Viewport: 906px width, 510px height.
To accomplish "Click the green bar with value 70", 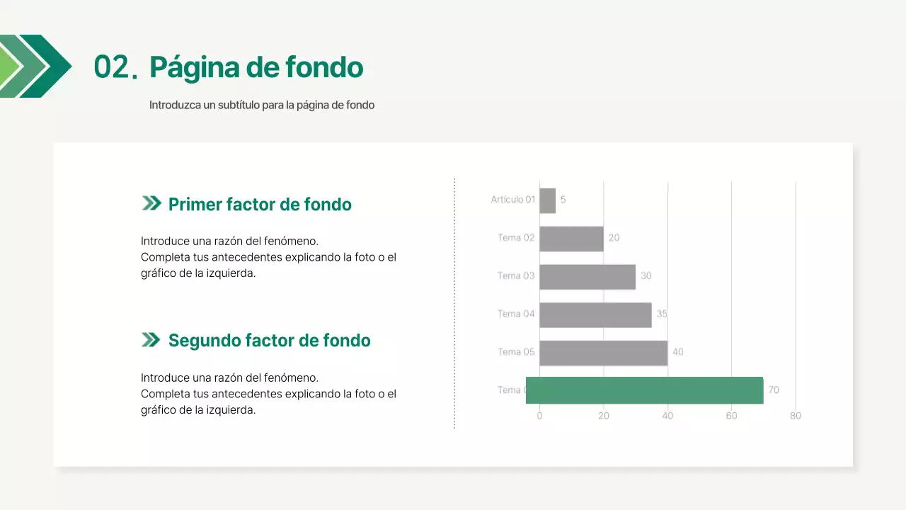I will pos(644,390).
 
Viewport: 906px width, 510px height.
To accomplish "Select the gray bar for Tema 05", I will pos(603,353).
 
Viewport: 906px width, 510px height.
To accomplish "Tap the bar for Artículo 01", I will pos(547,200).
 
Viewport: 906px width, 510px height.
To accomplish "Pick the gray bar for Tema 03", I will pos(587,276).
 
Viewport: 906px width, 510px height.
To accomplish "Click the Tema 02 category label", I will pos(516,238).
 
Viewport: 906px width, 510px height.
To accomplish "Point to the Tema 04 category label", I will pos(516,314).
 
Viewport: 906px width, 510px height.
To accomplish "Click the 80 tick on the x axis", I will pos(796,416).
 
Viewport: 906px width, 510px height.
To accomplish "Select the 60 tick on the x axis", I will pos(731,416).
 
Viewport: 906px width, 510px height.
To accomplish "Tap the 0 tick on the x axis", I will pos(539,416).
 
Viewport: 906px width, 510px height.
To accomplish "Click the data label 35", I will pos(662,314).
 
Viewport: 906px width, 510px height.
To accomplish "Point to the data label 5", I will pos(563,200).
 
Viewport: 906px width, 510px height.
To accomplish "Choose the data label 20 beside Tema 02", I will pos(614,238).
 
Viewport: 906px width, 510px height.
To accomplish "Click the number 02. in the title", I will pos(115,68).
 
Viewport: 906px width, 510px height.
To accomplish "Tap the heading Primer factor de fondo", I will pos(260,205).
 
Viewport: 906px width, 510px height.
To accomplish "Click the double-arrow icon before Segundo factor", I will pos(151,341).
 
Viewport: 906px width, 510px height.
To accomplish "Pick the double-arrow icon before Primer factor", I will pos(151,204).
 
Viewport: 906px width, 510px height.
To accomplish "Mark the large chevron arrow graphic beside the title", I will pos(35,66).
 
